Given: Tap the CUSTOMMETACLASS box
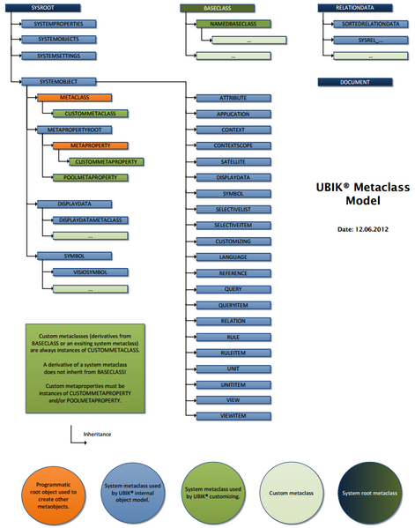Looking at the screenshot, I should (91, 114).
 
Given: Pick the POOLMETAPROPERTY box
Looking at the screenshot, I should (92, 177).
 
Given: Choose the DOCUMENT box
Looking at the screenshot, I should (360, 82).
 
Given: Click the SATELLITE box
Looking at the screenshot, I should (233, 162).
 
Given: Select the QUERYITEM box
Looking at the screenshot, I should (233, 305).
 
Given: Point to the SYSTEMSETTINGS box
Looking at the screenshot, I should (58, 56).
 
